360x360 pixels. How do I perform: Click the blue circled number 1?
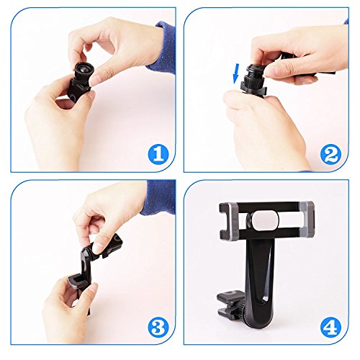158,155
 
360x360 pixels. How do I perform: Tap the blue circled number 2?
330,155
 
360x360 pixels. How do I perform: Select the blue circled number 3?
158,328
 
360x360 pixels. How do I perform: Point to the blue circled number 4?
330,328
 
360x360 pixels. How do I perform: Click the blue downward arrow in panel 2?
236,73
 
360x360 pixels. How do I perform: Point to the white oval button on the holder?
266,220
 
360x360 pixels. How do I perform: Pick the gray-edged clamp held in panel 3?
77,282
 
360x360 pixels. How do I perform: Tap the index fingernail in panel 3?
98,248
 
